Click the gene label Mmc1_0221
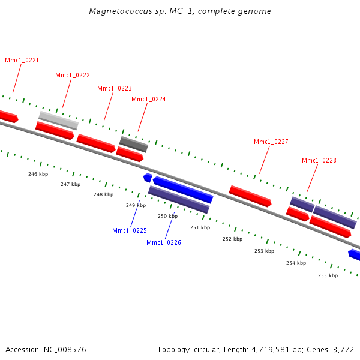pyautogui.click(x=22, y=60)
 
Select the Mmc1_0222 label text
pyautogui.click(x=73, y=75)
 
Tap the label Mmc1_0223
pyautogui.click(x=115, y=88)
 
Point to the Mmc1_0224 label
pyautogui.click(x=149, y=99)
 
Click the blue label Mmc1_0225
pyautogui.click(x=130, y=230)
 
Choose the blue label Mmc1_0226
pyautogui.click(x=164, y=242)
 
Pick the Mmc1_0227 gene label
pyautogui.click(x=271, y=142)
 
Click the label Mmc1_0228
pyautogui.click(x=319, y=160)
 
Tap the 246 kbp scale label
pyautogui.click(x=38, y=174)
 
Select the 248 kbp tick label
pyautogui.click(x=104, y=194)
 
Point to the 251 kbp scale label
pyautogui.click(x=200, y=227)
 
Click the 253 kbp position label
pyautogui.click(x=264, y=251)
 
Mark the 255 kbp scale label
pyautogui.click(x=328, y=275)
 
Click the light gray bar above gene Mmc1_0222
pyautogui.click(x=59, y=121)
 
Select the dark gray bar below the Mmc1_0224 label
pyautogui.click(x=134, y=145)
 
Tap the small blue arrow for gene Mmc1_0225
pyautogui.click(x=148, y=178)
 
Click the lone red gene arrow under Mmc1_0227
pyautogui.click(x=250, y=196)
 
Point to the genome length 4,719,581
pyautogui.click(x=271, y=350)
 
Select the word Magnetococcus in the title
pyautogui.click(x=121, y=11)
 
